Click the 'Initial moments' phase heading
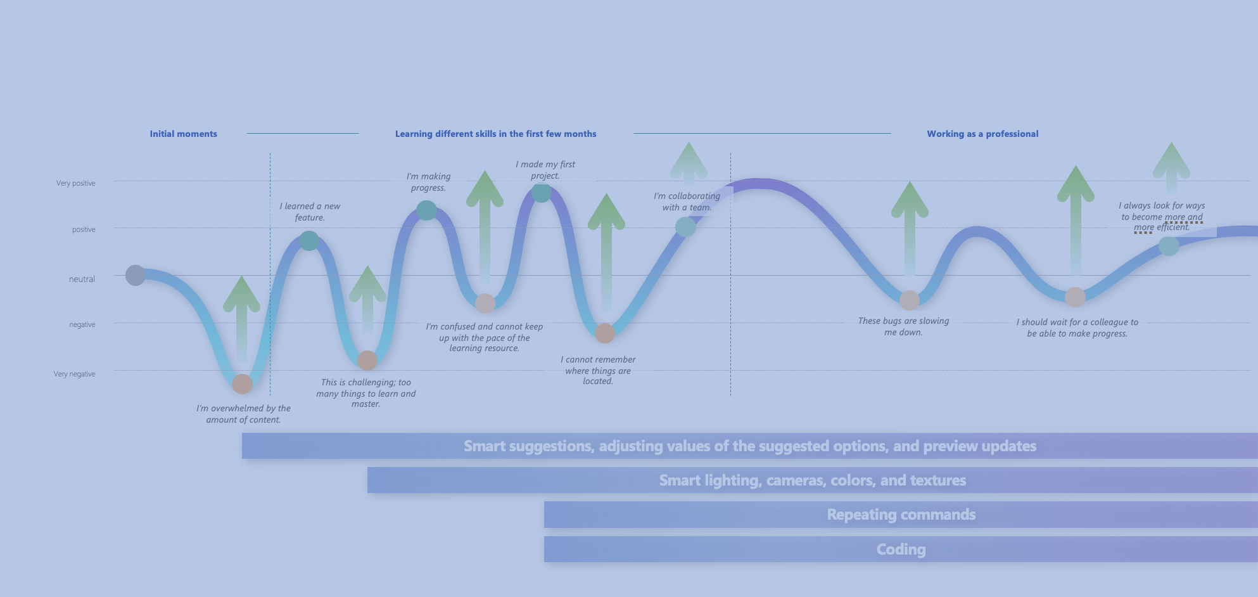[183, 134]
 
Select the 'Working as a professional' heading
[982, 134]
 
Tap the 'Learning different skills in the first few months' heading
[495, 134]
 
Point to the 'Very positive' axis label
[75, 183]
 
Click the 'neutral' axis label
[82, 279]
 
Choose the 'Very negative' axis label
[74, 374]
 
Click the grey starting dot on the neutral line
[135, 275]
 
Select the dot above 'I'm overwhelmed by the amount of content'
[242, 383]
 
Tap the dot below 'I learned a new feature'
[309, 241]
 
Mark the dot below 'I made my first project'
[541, 193]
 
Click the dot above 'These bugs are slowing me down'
[910, 300]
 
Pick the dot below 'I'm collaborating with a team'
[685, 226]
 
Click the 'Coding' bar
[901, 549]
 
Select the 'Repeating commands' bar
[901, 515]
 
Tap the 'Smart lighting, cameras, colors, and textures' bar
[812, 480]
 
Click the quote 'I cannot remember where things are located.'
[598, 370]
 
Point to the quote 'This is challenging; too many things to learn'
[365, 393]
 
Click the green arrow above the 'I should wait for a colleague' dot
[1076, 215]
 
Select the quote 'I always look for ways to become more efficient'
[1162, 216]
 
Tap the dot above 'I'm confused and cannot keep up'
[485, 303]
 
